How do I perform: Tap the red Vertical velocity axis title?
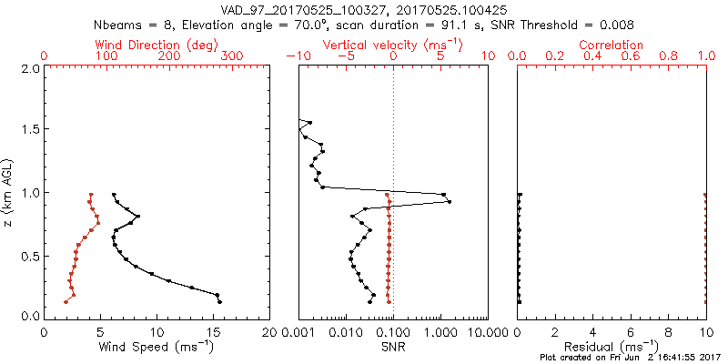tap(392, 45)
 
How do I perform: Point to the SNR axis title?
tap(392, 348)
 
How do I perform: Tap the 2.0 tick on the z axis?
tap(30, 68)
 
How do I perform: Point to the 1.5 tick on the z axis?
tap(30, 130)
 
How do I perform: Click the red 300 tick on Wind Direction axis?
tap(232, 56)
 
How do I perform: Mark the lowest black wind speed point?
tap(219, 301)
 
